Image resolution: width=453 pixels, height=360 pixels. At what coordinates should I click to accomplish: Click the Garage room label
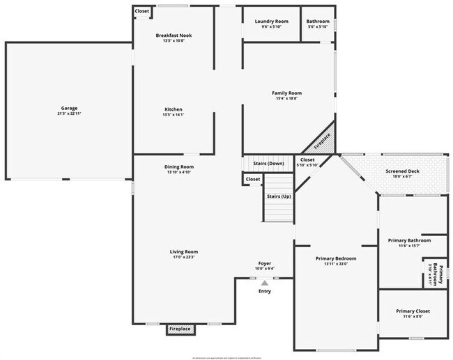(68, 108)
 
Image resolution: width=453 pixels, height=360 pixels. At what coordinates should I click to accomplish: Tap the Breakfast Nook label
(174, 35)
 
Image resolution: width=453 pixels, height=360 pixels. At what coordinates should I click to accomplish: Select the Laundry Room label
(271, 22)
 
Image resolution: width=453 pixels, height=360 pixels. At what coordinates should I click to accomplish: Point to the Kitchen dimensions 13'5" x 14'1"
(174, 115)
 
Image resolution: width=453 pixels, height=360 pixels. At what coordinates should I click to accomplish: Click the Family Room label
(286, 93)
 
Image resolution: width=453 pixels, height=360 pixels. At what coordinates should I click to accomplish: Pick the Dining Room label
(179, 166)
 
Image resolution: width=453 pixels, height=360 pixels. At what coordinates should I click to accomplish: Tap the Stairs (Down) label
(268, 163)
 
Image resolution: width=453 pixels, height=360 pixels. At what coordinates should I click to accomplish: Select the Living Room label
(184, 251)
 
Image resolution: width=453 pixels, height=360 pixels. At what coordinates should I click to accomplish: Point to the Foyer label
(265, 263)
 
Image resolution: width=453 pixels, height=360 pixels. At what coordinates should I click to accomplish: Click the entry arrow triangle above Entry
(264, 283)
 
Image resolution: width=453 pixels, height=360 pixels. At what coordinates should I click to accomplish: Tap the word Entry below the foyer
(265, 290)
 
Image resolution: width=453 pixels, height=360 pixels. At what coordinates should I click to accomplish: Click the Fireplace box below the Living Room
(180, 329)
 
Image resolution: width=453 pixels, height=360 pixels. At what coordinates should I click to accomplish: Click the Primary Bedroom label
(336, 257)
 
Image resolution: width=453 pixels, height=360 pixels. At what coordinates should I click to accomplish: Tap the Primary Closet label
(413, 311)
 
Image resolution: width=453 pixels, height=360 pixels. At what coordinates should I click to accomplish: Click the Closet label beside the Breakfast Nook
(142, 11)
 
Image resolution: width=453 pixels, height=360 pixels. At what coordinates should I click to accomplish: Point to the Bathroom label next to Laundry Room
(318, 22)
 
